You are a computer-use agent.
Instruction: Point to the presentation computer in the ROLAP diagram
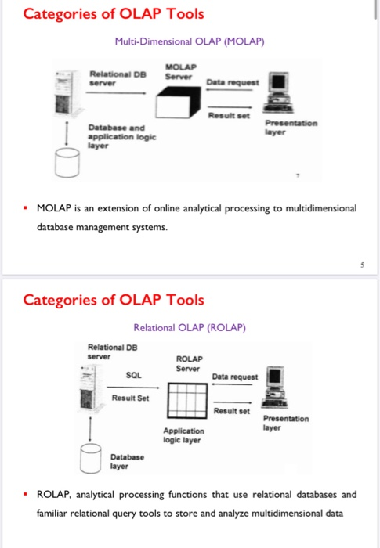click(x=275, y=389)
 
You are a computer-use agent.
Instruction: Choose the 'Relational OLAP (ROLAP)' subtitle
click(x=190, y=328)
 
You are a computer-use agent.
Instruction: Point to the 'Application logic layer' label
click(x=184, y=435)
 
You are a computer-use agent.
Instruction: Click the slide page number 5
click(x=361, y=265)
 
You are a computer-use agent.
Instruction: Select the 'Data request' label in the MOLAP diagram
click(x=228, y=81)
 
